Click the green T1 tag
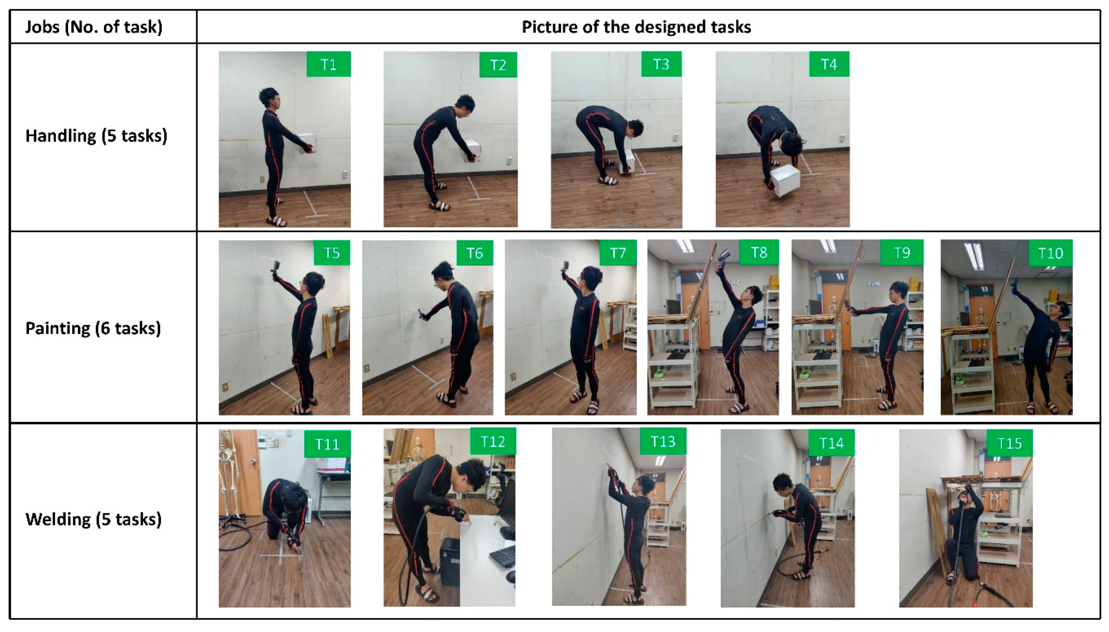coord(328,64)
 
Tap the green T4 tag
coord(829,64)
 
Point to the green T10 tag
coord(1050,253)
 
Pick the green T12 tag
coord(493,442)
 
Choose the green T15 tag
coord(1009,443)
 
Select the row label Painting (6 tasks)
coord(93,328)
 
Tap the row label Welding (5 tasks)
coord(94,519)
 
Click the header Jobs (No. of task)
coord(94,27)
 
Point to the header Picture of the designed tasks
coord(636,27)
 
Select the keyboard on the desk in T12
coord(503,557)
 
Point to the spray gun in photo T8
coord(722,257)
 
